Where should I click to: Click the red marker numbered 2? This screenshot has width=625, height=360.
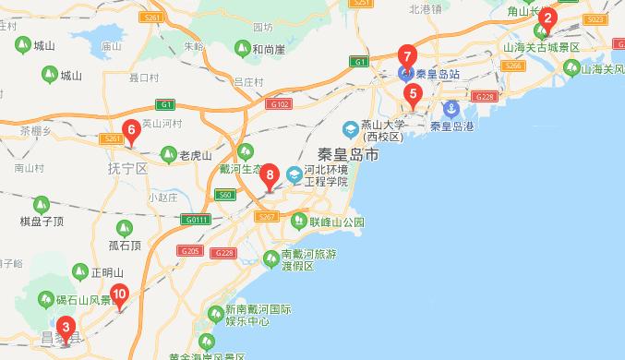(x=547, y=18)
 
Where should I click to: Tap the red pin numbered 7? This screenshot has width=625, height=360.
(x=406, y=55)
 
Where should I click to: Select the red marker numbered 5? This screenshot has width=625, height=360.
(x=412, y=93)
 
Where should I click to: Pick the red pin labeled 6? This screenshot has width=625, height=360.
(x=131, y=131)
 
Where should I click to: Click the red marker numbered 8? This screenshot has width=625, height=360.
(x=270, y=174)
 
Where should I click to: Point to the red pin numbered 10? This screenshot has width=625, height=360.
(x=119, y=296)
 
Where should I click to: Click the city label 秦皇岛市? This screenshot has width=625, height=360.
(x=347, y=156)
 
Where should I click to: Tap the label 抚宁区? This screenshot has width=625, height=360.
(x=127, y=169)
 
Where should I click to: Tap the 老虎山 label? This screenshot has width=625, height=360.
(x=195, y=155)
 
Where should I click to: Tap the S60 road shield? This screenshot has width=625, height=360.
(x=224, y=195)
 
